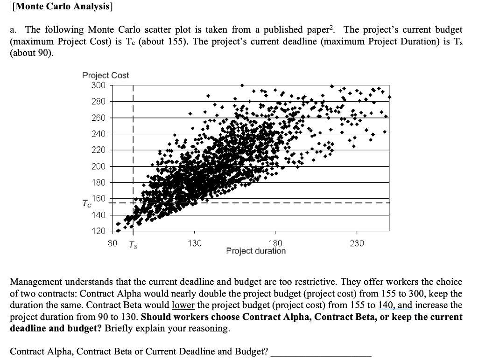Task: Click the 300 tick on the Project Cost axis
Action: click(x=98, y=85)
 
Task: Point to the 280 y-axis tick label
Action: click(x=98, y=102)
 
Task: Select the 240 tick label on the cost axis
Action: click(x=98, y=134)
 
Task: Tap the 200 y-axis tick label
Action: click(x=98, y=166)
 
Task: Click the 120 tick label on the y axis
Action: click(x=98, y=231)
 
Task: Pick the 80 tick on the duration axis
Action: click(x=112, y=243)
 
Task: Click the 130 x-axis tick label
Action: click(x=195, y=243)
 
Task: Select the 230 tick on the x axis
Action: click(x=357, y=243)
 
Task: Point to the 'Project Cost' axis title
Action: click(x=105, y=75)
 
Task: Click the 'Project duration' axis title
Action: click(x=256, y=251)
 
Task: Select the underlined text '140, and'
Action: click(x=395, y=305)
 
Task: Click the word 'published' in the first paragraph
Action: click(x=283, y=29)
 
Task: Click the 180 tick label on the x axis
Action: click(x=275, y=243)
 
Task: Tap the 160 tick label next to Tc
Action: click(x=99, y=199)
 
